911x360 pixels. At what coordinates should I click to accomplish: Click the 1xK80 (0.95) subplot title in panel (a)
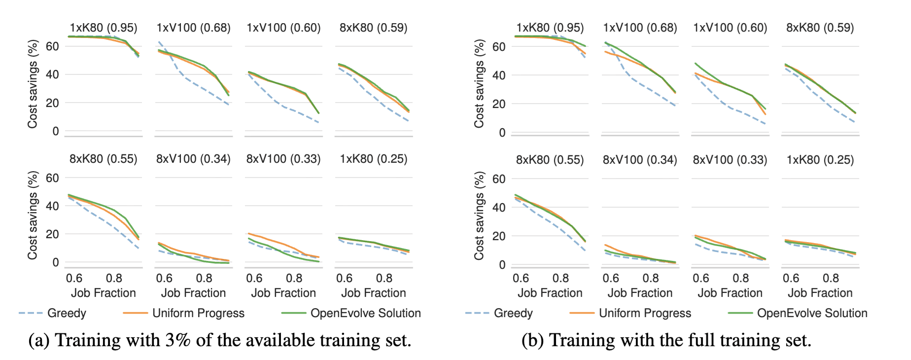coord(103,28)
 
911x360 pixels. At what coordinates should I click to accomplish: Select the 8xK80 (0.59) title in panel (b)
coord(820,28)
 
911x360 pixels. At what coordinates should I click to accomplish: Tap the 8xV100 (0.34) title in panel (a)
coord(193,159)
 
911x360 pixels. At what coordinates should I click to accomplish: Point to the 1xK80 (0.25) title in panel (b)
coord(820,160)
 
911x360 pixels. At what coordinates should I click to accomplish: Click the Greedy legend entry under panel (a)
coord(67,313)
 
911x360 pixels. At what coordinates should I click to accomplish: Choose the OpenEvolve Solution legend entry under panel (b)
coord(812,313)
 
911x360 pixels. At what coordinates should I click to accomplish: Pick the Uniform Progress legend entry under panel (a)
coord(198,313)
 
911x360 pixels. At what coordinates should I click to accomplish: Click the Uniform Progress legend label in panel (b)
coord(645,313)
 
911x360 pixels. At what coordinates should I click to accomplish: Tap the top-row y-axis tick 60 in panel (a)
coord(52,46)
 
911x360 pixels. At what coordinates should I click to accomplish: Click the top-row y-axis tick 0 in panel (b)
coord(502,133)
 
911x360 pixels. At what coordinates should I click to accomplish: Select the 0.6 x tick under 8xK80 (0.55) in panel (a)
coord(74,278)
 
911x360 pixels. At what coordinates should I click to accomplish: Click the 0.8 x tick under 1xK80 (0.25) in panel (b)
coord(831,278)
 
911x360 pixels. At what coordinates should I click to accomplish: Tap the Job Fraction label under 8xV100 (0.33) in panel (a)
coord(283,293)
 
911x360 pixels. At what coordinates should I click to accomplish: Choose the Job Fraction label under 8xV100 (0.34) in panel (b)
coord(640,293)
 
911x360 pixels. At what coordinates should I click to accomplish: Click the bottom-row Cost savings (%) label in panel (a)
coord(33,215)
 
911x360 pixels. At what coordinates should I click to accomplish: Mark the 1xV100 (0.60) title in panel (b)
coord(730,28)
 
